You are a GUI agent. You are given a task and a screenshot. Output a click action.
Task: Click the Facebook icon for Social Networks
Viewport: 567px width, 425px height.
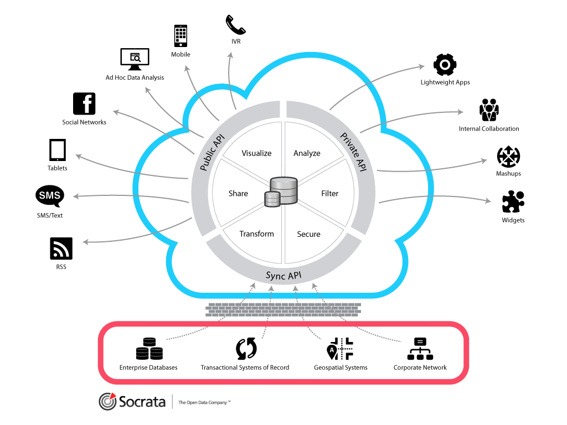point(84,103)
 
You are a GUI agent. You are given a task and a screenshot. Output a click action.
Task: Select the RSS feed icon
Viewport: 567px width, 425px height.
point(61,248)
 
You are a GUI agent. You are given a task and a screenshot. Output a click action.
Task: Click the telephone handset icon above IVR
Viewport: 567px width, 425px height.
point(236,25)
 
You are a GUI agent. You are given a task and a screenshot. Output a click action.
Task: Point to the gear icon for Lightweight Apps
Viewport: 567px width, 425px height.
point(445,65)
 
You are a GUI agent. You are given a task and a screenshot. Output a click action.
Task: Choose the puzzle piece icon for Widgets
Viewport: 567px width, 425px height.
point(513,203)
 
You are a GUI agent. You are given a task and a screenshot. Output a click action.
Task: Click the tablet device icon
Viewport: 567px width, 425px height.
point(58,150)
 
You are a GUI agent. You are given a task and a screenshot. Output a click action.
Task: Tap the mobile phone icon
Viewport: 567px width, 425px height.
point(181,36)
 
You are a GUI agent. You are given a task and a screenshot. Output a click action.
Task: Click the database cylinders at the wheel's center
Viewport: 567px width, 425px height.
point(282,192)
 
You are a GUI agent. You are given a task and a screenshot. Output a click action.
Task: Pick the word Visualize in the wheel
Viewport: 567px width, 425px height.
point(256,153)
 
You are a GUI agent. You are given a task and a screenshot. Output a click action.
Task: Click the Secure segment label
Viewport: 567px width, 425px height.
point(308,234)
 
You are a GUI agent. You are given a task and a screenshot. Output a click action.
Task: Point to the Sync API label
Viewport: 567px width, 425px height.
point(283,276)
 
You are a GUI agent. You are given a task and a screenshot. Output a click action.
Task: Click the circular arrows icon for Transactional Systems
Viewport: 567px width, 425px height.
point(246,349)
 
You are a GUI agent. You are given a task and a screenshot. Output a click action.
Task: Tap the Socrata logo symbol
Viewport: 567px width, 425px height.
point(107,402)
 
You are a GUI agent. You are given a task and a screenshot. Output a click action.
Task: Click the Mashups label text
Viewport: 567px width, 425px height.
point(508,174)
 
